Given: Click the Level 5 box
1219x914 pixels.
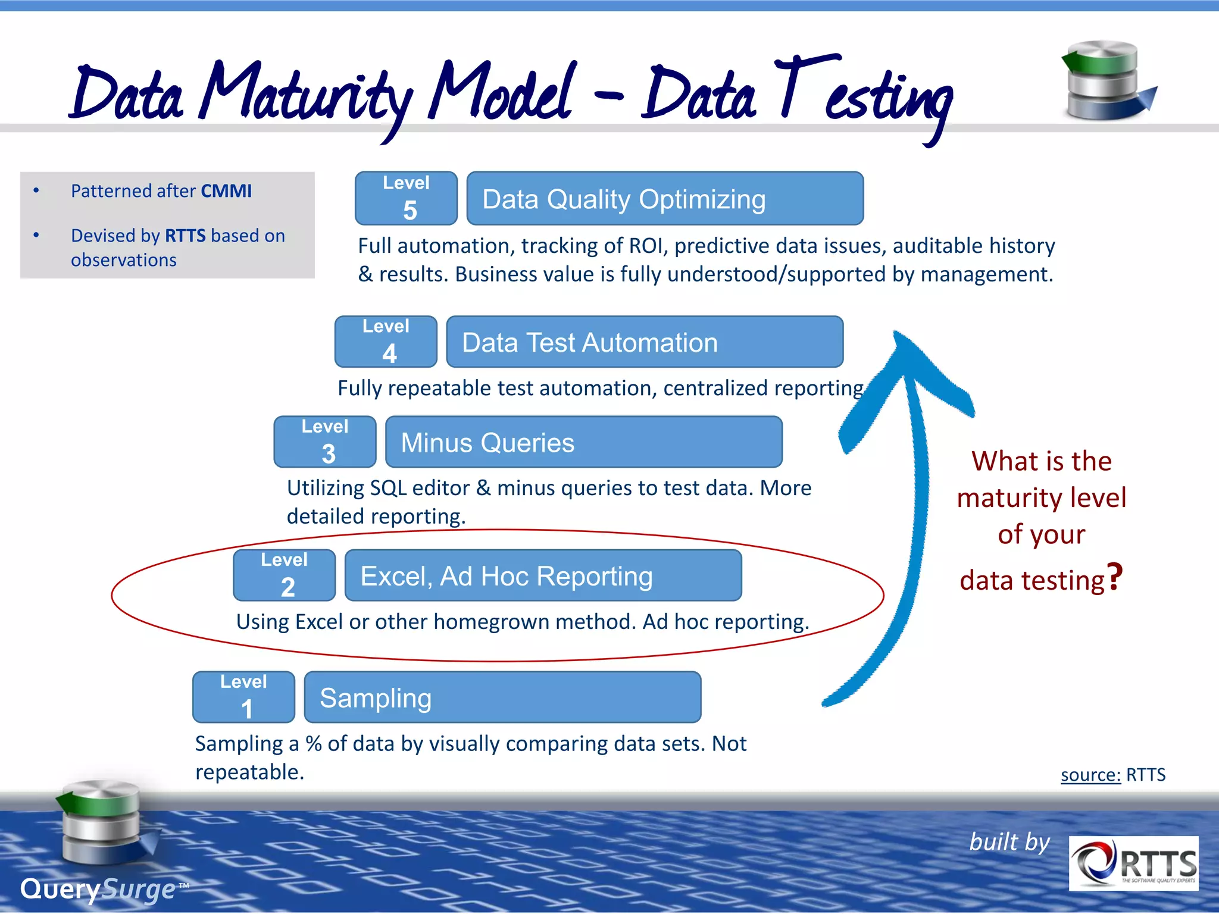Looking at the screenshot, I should [406, 198].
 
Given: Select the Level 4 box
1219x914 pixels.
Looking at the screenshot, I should [386, 342].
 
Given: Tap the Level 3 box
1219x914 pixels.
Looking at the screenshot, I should [325, 442].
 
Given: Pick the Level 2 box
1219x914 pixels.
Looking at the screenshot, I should [284, 575].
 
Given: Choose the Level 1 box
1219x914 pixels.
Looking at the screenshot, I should [243, 697].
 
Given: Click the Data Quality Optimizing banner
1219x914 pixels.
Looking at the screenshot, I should [664, 199].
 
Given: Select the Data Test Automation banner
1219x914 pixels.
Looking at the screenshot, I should [644, 342].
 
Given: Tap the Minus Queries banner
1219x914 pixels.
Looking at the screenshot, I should [583, 442].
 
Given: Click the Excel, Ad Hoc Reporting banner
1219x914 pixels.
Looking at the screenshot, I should [543, 575].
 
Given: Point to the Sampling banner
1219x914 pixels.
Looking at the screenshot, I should [502, 697].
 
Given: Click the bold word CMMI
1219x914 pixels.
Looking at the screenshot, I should [226, 191].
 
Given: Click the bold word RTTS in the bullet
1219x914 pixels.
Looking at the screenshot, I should [185, 236].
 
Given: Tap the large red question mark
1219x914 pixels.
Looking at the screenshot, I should [1114, 577].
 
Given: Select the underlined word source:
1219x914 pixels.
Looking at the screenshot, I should [1090, 775].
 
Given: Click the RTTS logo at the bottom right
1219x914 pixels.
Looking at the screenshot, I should [1133, 863].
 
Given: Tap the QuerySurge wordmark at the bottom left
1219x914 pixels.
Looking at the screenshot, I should [98, 889].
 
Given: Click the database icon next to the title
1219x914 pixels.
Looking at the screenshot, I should [1106, 80].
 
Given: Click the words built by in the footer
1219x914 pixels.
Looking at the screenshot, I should [1009, 842].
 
